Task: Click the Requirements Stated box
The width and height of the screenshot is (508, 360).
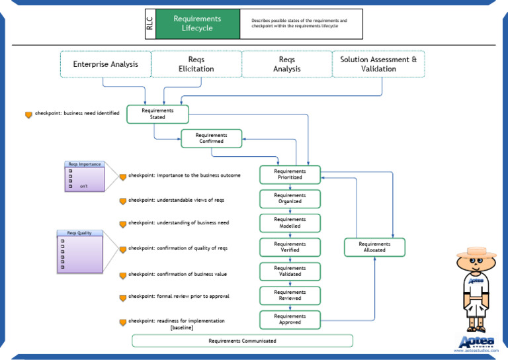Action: point(157,114)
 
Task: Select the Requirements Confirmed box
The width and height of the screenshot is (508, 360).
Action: point(211,138)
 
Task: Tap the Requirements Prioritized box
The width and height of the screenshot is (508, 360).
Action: point(290,175)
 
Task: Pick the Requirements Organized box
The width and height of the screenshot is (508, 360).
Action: point(290,199)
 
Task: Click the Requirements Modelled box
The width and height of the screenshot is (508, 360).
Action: point(290,223)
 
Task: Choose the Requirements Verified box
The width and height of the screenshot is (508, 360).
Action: point(290,247)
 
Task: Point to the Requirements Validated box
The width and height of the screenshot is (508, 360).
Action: point(290,271)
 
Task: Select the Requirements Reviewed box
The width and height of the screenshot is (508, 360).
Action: point(290,295)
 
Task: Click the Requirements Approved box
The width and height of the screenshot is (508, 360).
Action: point(290,320)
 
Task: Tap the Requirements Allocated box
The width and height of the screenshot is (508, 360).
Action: point(374,247)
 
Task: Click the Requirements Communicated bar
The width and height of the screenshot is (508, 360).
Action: point(242,341)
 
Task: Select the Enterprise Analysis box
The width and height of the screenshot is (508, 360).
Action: point(105,64)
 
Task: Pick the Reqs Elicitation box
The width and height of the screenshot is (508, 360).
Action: point(196,64)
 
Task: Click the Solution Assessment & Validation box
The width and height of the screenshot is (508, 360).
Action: point(378,64)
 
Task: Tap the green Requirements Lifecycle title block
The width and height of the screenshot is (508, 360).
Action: point(197,24)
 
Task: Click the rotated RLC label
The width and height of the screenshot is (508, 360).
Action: point(149,24)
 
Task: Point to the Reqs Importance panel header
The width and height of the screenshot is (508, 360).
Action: point(84,164)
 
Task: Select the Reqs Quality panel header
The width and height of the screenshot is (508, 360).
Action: point(79,233)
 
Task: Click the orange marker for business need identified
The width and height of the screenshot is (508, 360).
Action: point(28,115)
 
